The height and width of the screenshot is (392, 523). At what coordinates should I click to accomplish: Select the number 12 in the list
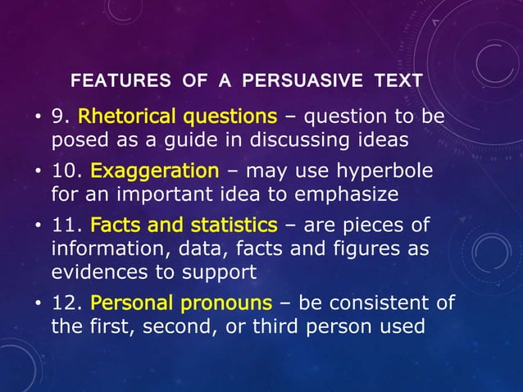point(65,303)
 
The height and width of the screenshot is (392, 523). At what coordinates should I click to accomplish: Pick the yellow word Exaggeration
point(154,172)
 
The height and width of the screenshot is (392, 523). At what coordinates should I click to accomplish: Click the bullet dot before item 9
point(38,118)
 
